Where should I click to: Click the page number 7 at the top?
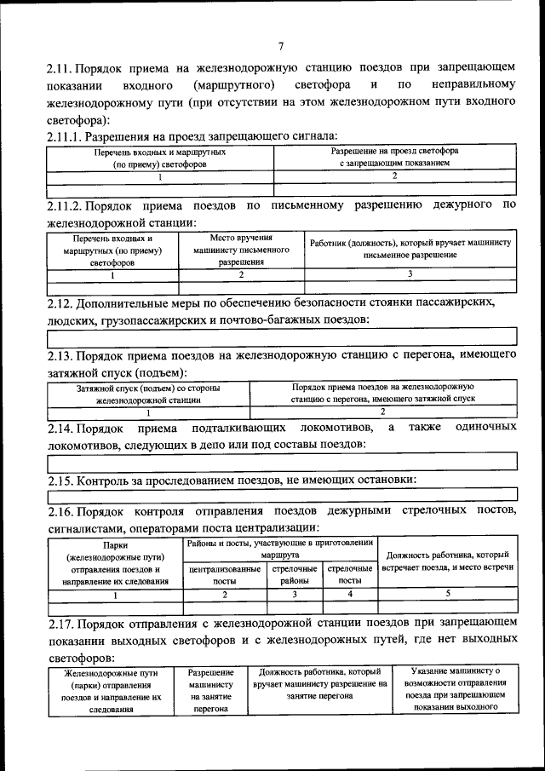280,46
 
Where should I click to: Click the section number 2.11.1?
65,135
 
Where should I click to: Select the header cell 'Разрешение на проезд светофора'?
394,156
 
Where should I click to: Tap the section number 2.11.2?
65,205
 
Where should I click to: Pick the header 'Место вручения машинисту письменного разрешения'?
241,250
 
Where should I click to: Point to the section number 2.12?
60,302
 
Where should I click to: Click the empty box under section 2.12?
280,338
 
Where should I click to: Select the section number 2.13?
60,355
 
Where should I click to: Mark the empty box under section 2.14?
280,461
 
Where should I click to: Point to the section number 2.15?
60,480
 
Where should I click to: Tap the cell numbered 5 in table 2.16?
447,595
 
